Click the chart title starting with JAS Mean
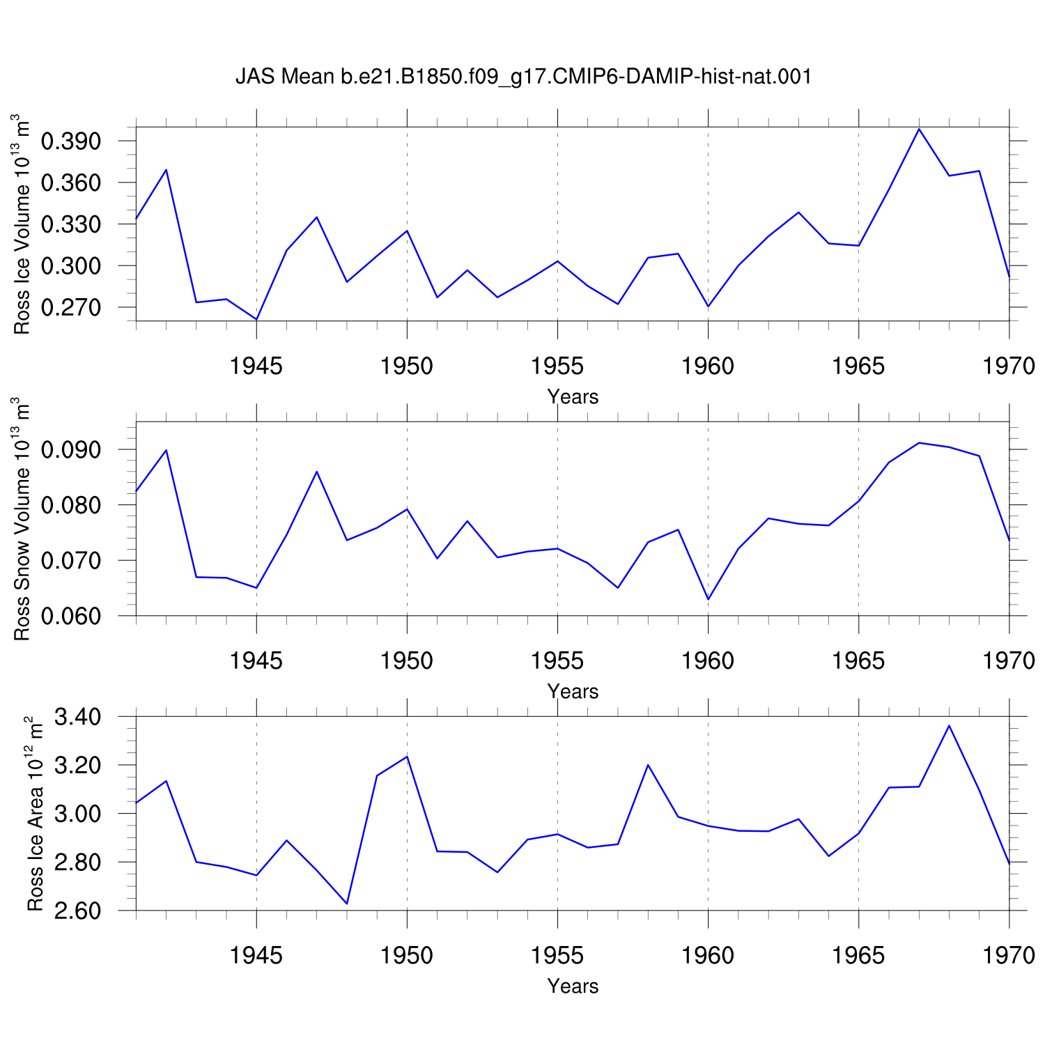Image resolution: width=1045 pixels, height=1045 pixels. (x=524, y=76)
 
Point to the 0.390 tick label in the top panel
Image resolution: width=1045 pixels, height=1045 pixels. (x=71, y=141)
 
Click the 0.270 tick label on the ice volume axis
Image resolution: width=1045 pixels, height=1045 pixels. (x=71, y=307)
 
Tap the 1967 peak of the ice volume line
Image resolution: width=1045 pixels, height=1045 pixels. (x=919, y=129)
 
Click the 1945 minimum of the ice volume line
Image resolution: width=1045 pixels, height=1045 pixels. (x=256, y=319)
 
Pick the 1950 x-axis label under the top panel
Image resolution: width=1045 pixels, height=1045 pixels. (x=407, y=366)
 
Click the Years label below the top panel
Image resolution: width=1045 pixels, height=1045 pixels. (x=573, y=397)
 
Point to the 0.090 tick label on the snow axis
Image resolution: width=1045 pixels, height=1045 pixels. (x=71, y=450)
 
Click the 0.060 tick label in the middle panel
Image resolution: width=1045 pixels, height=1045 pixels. (x=71, y=617)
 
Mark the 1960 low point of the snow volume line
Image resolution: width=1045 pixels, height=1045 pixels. (x=708, y=599)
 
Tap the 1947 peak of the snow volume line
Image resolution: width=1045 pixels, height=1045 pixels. (x=316, y=472)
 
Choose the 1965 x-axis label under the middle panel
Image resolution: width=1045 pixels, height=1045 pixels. (x=858, y=660)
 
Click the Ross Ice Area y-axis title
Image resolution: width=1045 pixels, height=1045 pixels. (x=35, y=814)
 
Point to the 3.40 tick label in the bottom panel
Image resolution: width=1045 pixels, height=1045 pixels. (x=77, y=717)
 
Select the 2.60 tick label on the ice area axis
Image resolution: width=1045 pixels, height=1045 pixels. (x=77, y=911)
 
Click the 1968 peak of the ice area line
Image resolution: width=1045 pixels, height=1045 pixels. (x=949, y=726)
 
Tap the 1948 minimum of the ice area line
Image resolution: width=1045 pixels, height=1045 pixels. (x=346, y=904)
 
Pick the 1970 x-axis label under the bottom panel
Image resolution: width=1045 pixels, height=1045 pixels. (x=1009, y=955)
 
